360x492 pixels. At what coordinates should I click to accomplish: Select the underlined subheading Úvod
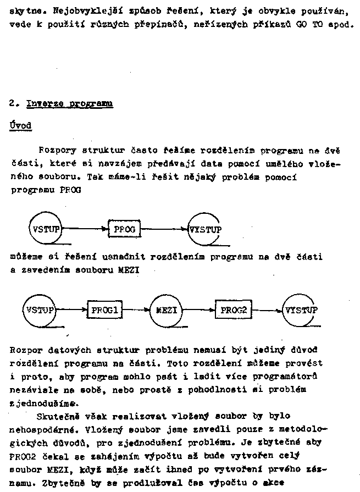pyautogui.click(x=20, y=126)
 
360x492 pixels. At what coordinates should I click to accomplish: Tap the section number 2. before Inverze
pyautogui.click(x=14, y=103)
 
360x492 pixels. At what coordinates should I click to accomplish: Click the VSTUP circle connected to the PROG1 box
pyautogui.click(x=40, y=310)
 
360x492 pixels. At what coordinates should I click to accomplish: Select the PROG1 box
pyautogui.click(x=104, y=310)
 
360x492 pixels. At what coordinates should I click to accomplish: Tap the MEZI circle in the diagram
pyautogui.click(x=166, y=310)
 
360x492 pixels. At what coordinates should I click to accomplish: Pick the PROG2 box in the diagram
pyautogui.click(x=234, y=310)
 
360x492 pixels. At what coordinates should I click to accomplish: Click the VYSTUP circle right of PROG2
pyautogui.click(x=300, y=310)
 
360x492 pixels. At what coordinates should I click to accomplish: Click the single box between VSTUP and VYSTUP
pyautogui.click(x=125, y=229)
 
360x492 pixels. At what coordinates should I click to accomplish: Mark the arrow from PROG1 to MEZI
pyautogui.click(x=136, y=310)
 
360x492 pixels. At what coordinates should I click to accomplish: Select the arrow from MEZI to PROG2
pyautogui.click(x=199, y=310)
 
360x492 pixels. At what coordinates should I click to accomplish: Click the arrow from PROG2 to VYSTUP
pyautogui.click(x=267, y=310)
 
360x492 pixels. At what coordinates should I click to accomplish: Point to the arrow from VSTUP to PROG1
pyautogui.click(x=72, y=310)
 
